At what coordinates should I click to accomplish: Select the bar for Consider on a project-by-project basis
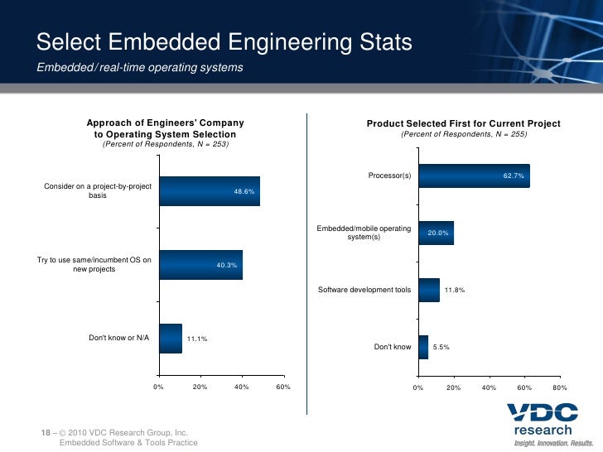[209, 191]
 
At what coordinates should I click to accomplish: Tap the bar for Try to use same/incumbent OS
[200, 265]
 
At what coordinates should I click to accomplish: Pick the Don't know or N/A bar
[170, 338]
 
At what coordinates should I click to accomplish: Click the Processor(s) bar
[474, 176]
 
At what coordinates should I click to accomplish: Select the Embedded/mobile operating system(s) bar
[436, 233]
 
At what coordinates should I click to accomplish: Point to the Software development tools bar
[428, 290]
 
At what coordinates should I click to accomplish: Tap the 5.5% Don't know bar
[423, 347]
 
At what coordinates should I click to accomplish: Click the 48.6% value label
[245, 191]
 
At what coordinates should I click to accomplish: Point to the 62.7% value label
[514, 176]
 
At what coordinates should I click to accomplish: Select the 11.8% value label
[455, 290]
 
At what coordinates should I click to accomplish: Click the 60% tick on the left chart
[282, 387]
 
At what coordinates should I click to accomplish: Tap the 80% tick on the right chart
[559, 387]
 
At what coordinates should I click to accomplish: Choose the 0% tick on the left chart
[158, 387]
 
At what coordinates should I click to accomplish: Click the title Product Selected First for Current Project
[463, 123]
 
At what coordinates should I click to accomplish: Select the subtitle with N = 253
[165, 144]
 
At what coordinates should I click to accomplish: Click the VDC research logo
[543, 425]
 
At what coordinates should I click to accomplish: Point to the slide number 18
[46, 432]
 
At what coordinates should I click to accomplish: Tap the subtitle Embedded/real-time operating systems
[140, 67]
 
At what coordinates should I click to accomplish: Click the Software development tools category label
[364, 290]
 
